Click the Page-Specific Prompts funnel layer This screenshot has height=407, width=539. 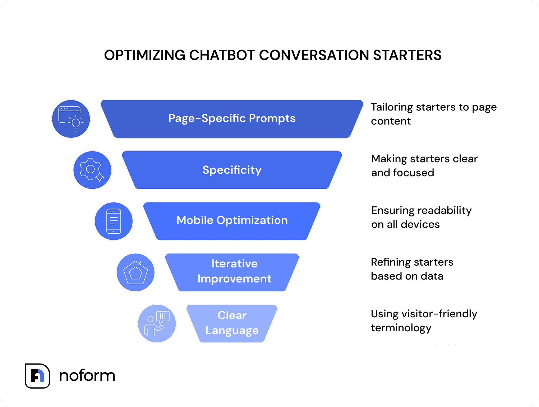(232, 119)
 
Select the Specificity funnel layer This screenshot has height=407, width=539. (232, 170)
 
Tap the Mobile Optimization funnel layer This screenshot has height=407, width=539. (232, 221)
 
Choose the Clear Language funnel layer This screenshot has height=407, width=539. (232, 323)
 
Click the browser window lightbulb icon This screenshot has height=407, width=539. (71, 119)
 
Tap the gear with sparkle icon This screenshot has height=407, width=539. (92, 170)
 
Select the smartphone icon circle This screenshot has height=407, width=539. (114, 221)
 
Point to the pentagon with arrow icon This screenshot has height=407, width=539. (135, 272)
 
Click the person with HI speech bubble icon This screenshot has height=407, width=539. (157, 323)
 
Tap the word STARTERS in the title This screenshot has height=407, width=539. (407, 55)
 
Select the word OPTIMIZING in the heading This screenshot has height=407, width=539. (144, 55)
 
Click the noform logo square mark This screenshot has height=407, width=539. (37, 376)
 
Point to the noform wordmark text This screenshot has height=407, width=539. (87, 376)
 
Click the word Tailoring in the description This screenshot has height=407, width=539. (392, 107)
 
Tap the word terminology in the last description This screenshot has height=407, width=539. (401, 328)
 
